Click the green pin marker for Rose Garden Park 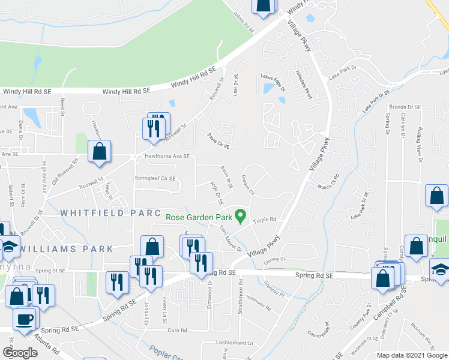click(241, 214)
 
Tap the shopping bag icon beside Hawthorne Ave click(99, 152)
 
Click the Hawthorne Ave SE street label click(167, 157)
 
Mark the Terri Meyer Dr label click(230, 239)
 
